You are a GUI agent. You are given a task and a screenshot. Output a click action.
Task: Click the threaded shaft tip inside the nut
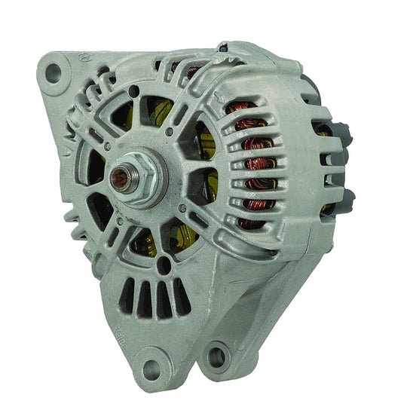119,178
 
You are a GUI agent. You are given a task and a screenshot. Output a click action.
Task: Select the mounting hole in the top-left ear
54,72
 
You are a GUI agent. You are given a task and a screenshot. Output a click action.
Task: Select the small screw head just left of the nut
107,147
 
